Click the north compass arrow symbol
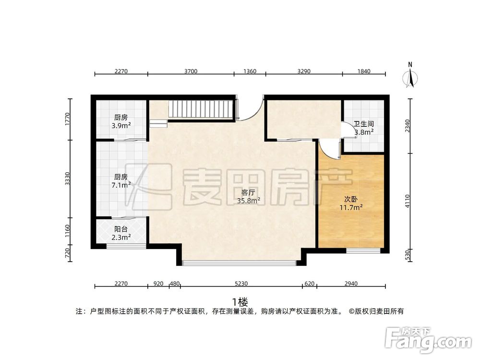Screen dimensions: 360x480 click(x=410, y=77)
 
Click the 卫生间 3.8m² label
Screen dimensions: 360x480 click(x=364, y=128)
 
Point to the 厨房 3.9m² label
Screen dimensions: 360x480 click(x=121, y=121)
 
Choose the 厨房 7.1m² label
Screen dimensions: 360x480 click(x=121, y=180)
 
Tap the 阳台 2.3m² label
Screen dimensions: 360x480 click(x=121, y=233)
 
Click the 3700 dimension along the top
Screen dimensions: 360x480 click(x=191, y=72)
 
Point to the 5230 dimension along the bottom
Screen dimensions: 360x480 click(x=241, y=284)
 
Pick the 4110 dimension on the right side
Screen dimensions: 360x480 click(x=407, y=202)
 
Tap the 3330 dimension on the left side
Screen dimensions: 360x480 click(x=68, y=179)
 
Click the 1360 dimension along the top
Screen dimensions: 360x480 click(x=250, y=72)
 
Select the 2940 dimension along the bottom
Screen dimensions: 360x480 click(x=351, y=284)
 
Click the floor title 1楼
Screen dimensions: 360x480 click(x=240, y=302)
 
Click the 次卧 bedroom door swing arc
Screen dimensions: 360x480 click(x=328, y=149)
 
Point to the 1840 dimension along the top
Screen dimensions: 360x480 click(x=364, y=72)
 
